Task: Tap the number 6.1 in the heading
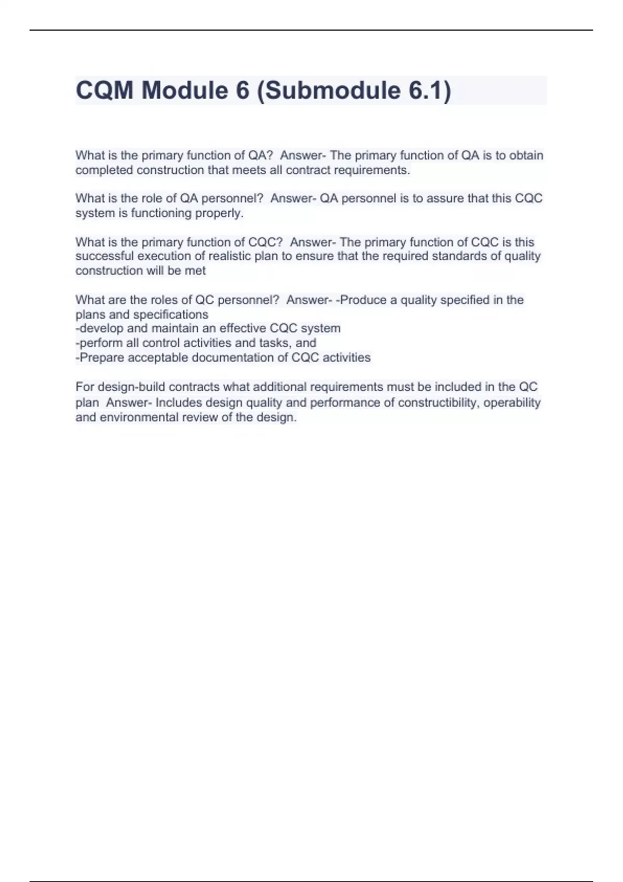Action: pos(426,90)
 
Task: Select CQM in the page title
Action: pos(105,90)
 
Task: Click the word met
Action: pos(195,271)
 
